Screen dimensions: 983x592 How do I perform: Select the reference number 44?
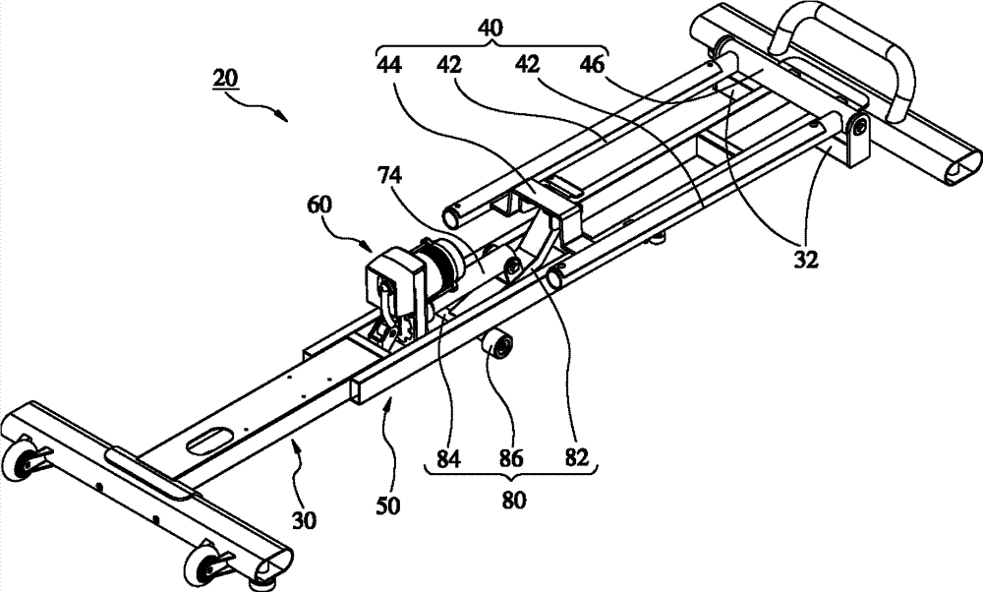[x=390, y=65]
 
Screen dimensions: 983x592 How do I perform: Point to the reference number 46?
[x=592, y=65]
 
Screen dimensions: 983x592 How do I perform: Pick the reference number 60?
[x=320, y=206]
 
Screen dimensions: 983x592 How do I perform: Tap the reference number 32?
[x=806, y=260]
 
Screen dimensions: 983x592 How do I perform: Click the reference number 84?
[x=448, y=459]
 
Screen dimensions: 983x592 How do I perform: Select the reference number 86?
[x=510, y=459]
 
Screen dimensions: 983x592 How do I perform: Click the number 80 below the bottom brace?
[x=513, y=501]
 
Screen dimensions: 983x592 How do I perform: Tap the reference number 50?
[x=388, y=505]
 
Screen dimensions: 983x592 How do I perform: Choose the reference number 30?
[x=304, y=520]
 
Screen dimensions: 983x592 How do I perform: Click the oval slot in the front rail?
[x=212, y=439]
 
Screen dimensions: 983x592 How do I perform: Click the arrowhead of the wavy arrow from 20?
[x=283, y=117]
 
